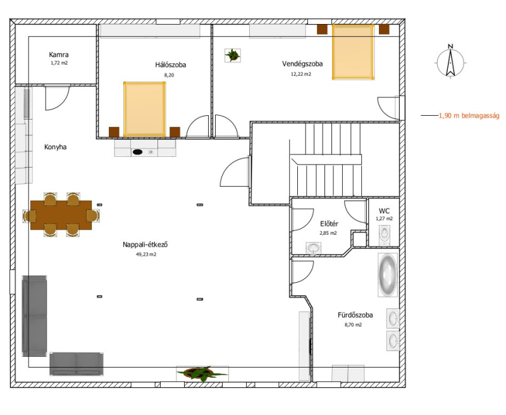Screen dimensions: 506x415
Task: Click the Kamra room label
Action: pyautogui.click(x=59, y=54)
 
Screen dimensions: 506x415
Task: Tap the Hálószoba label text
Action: pyautogui.click(x=171, y=65)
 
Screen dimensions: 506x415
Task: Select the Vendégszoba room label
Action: pyautogui.click(x=302, y=63)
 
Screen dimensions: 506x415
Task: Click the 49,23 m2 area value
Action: pyautogui.click(x=146, y=254)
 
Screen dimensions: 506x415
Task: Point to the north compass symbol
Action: pyautogui.click(x=450, y=61)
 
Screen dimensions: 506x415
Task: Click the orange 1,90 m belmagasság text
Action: pyautogui.click(x=469, y=116)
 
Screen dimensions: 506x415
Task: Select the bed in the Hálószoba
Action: pyautogui.click(x=145, y=109)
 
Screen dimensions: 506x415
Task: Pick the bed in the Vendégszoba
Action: pyautogui.click(x=354, y=52)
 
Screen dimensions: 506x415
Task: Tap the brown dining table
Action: pyautogui.click(x=61, y=215)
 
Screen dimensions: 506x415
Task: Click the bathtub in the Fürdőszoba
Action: pyautogui.click(x=388, y=275)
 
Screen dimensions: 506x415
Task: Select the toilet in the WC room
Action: pyautogui.click(x=384, y=233)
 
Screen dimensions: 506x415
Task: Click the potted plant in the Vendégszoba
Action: pyautogui.click(x=233, y=55)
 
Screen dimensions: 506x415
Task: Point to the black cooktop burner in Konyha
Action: pyautogui.click(x=137, y=152)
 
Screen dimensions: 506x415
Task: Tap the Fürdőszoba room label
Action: pyautogui.click(x=355, y=315)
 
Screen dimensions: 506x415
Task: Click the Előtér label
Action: pyautogui.click(x=329, y=224)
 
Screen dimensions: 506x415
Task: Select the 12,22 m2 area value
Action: pyautogui.click(x=301, y=74)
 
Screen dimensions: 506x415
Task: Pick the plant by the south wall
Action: pyautogui.click(x=202, y=374)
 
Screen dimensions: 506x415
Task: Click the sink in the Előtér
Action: pyautogui.click(x=313, y=248)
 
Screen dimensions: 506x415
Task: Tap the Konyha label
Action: pyautogui.click(x=56, y=147)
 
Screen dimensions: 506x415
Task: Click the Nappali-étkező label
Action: pyautogui.click(x=145, y=244)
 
